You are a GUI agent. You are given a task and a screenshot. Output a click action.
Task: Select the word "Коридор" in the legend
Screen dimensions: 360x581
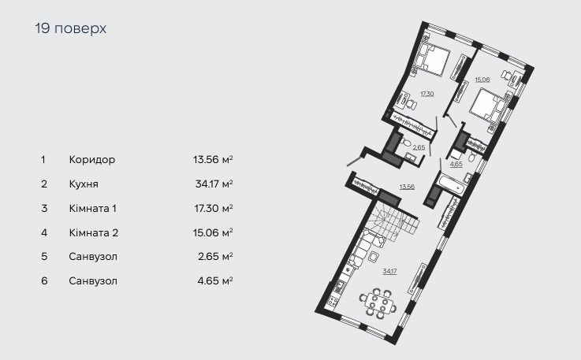tap(91, 159)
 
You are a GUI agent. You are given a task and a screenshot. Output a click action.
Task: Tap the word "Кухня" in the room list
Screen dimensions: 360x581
tap(85, 184)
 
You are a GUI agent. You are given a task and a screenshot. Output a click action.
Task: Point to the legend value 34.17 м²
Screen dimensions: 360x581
tap(213, 184)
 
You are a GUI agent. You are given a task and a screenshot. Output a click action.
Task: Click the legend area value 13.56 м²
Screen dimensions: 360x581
tap(213, 159)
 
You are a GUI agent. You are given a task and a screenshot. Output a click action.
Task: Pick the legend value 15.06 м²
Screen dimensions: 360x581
tap(213, 232)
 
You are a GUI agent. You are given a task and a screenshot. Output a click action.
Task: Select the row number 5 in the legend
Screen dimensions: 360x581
tap(43, 257)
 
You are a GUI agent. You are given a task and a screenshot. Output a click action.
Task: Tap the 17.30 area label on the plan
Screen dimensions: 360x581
tap(426, 94)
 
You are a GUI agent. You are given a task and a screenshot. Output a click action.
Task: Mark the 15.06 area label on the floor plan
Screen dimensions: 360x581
tap(483, 79)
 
